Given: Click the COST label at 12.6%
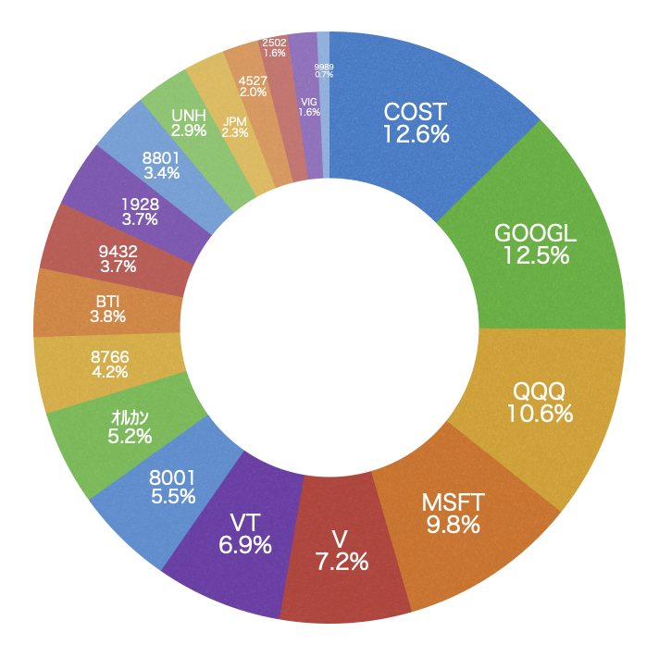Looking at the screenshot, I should pos(416,112).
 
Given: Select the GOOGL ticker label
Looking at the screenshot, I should pos(535,233).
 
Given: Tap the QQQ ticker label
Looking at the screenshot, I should pos(540,391).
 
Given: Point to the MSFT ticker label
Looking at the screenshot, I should pos(453,503).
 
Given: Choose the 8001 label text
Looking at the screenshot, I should pos(172,477).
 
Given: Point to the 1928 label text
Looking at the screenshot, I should pos(140,204).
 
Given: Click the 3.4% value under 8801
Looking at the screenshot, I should pos(161,173).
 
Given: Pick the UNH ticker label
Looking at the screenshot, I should pos(189,116).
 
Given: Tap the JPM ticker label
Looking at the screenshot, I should pos(235,121).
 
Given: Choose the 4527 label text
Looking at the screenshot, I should pos(253,81).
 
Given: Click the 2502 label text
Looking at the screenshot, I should pos(274,43).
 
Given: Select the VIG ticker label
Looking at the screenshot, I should pos(309,101).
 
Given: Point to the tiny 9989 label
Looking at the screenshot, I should pos(324,67).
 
